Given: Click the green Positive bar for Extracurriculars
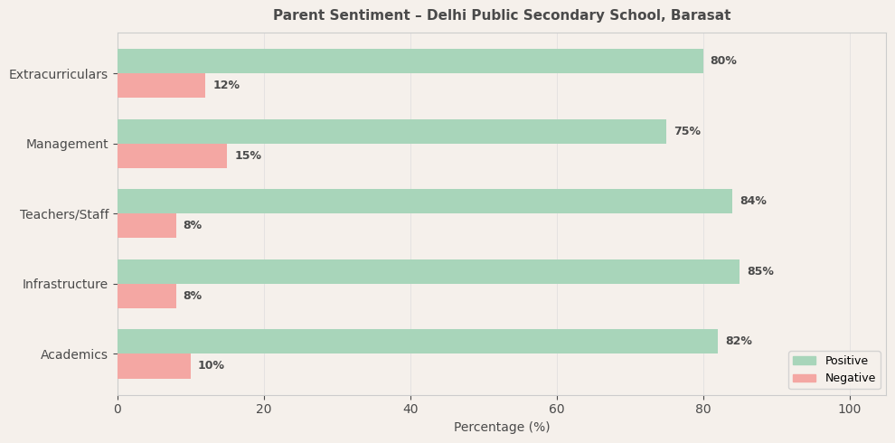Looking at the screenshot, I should (x=410, y=61).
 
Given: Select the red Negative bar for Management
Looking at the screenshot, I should (x=172, y=156).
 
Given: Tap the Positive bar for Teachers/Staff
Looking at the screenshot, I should (x=424, y=202).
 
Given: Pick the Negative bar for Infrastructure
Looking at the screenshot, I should (x=146, y=297).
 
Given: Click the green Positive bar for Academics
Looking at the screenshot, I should (x=417, y=342).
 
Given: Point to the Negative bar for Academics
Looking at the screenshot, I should (x=154, y=366).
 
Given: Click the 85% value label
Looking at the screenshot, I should (x=759, y=271).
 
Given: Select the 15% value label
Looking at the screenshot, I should (x=248, y=156).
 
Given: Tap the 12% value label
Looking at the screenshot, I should (x=226, y=86).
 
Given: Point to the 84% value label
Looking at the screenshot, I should (x=752, y=202).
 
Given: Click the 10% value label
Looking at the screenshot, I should (x=211, y=366).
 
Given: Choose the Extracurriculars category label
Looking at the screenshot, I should (x=58, y=74).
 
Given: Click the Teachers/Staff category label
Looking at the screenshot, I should (x=64, y=214).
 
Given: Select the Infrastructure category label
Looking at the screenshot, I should (x=65, y=285).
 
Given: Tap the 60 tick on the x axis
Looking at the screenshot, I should (x=557, y=410).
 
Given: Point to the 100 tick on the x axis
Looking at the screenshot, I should (x=850, y=410).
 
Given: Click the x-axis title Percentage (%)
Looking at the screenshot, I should (x=502, y=428).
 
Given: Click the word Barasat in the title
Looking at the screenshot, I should (x=702, y=15).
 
